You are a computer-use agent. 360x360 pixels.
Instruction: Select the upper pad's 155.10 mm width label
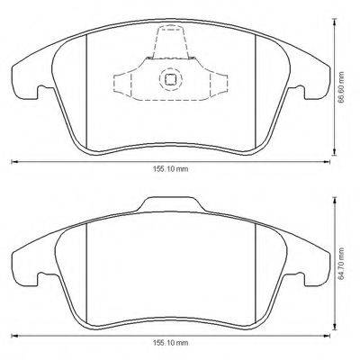pyautogui.click(x=170, y=168)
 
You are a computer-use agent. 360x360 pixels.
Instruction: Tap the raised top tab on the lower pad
pyautogui.click(x=169, y=202)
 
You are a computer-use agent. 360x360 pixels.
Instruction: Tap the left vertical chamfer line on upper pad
pyautogui.click(x=85, y=90)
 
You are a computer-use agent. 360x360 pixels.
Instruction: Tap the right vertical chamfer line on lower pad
pyautogui.click(x=255, y=270)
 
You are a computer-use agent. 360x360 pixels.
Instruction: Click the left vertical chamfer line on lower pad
pyautogui.click(x=85, y=270)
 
